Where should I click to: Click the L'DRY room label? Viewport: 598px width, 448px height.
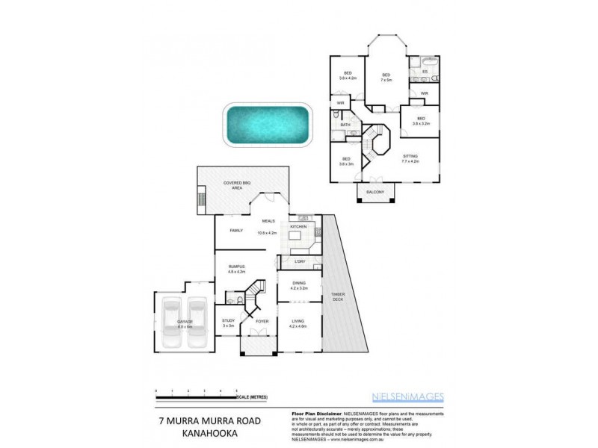point(299,261)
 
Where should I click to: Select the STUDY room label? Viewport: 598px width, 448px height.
point(227,322)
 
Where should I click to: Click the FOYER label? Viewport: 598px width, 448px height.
point(262,321)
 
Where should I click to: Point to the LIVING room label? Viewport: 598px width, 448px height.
point(298,323)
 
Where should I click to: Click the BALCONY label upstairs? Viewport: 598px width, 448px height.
point(375,193)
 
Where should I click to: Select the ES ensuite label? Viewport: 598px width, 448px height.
point(425,72)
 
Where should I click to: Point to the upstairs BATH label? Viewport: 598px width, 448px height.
point(345,125)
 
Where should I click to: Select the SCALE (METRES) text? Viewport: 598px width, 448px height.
point(254,396)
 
